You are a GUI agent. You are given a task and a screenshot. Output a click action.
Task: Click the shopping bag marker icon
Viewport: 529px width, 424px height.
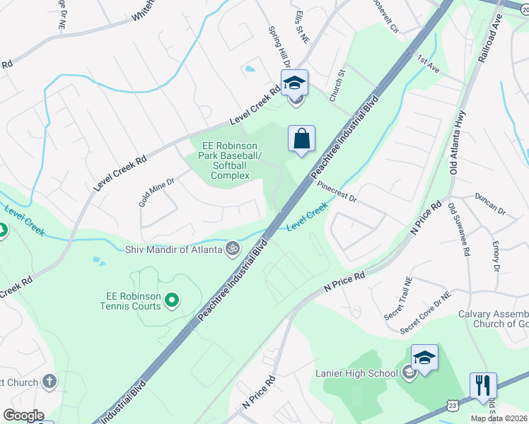click(301, 139)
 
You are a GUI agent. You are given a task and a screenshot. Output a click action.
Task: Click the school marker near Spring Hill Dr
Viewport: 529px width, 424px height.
click(294, 83)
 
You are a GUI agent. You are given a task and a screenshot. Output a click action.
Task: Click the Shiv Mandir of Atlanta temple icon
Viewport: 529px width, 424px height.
click(231, 248)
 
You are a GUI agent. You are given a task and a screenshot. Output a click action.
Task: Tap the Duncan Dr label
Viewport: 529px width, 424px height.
click(491, 203)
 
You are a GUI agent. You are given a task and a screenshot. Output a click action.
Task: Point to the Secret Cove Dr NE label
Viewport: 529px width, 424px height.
click(425, 314)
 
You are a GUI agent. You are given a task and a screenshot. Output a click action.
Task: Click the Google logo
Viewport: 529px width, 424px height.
click(23, 416)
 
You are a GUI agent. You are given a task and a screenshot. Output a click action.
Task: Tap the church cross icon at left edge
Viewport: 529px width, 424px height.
click(49, 382)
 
